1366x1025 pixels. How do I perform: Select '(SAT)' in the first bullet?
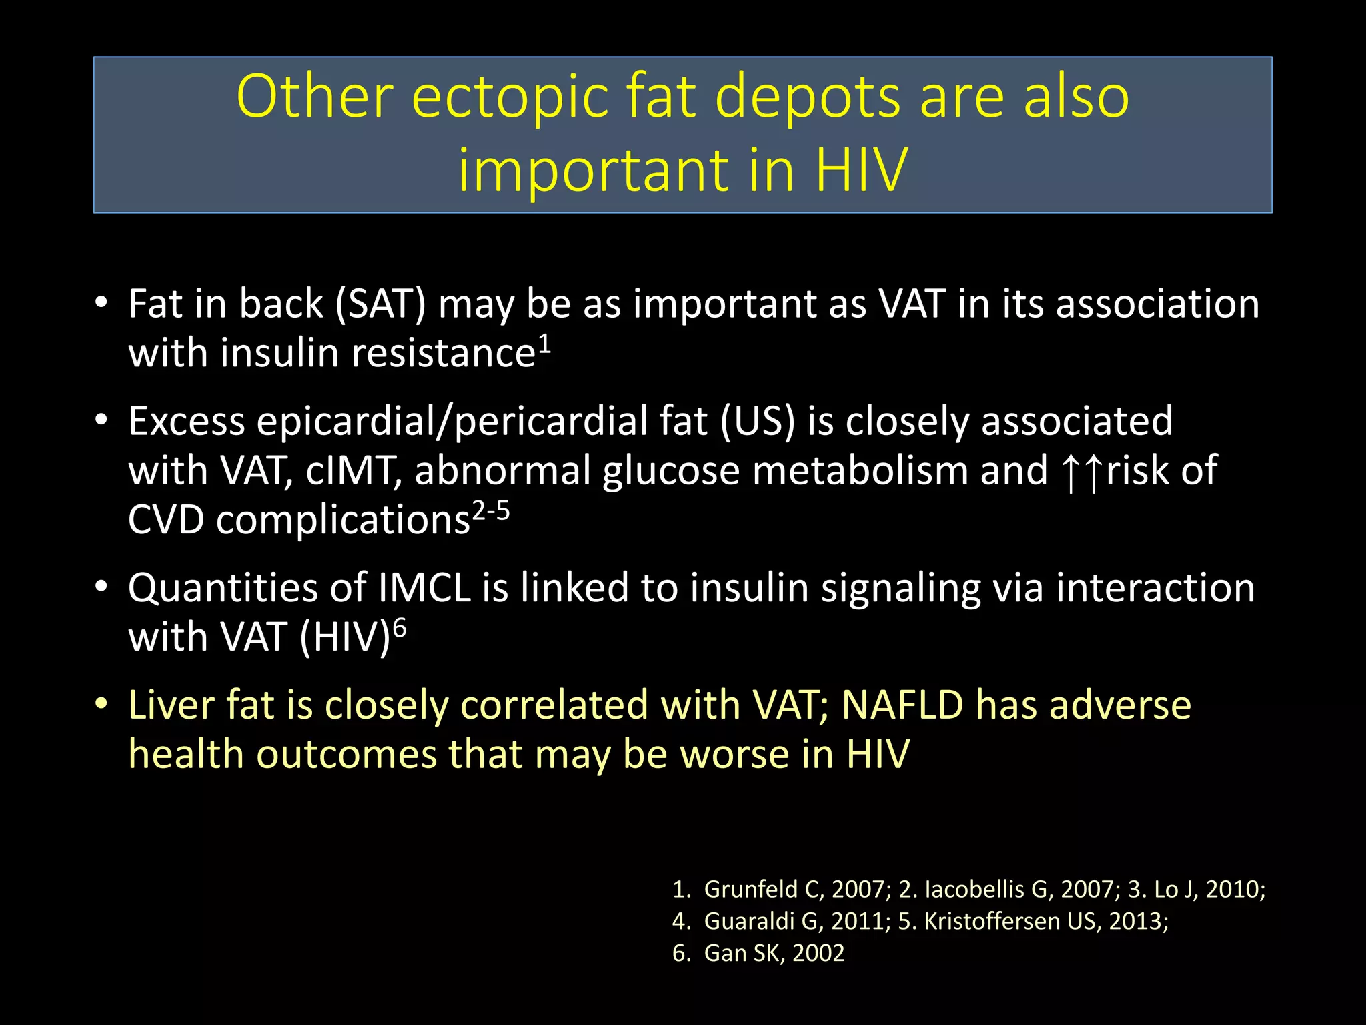380,304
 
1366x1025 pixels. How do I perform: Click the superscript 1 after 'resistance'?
545,344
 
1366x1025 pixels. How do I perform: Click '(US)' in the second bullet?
758,422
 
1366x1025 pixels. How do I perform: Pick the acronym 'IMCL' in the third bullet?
424,589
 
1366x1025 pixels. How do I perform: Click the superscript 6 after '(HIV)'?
400,629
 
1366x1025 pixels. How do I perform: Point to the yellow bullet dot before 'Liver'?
101,705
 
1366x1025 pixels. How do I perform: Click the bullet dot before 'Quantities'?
101,587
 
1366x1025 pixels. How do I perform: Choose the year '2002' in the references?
818,954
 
